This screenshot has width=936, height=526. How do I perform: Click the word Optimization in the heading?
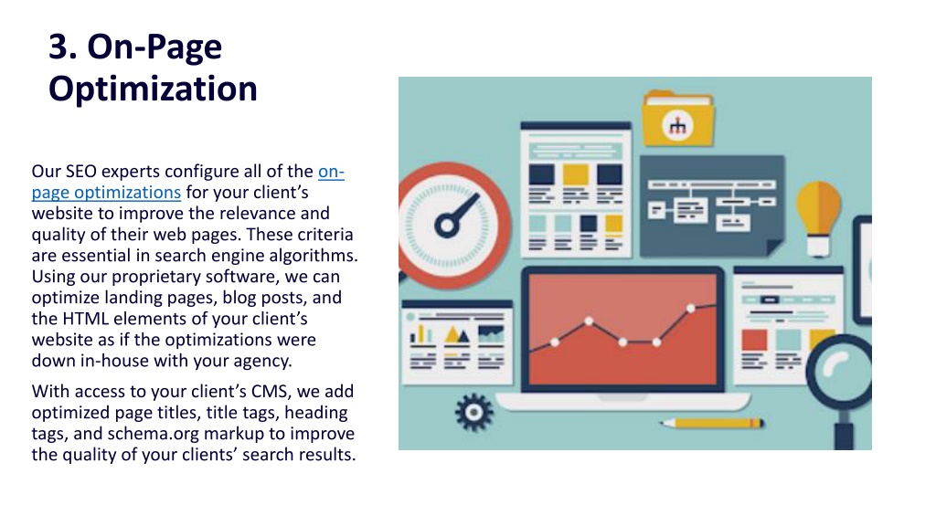[x=153, y=89]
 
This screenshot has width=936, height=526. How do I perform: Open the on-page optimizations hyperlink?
[x=188, y=182]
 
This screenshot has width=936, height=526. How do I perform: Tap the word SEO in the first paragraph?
[x=80, y=171]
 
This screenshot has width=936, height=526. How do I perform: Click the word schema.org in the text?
[x=153, y=434]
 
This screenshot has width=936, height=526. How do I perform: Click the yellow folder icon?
[x=678, y=120]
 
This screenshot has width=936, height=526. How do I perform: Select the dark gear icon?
[x=474, y=412]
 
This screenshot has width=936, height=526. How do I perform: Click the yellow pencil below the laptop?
[x=711, y=424]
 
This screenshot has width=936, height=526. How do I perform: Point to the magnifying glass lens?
[x=840, y=371]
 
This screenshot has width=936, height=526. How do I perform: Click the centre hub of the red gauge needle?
[x=447, y=226]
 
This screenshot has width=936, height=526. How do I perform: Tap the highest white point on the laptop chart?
[x=691, y=309]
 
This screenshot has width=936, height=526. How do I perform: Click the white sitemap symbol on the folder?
[x=677, y=126]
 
